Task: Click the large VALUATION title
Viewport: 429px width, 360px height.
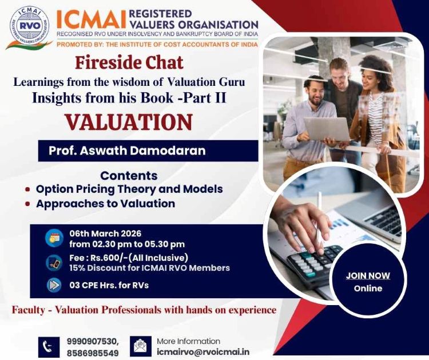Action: coord(128,122)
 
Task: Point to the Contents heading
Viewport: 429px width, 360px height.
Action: coord(129,176)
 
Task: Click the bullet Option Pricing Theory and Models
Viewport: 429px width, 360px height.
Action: coord(129,189)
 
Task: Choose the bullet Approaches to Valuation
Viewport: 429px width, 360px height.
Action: coord(105,203)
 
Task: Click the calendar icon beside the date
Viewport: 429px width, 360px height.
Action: coord(54,237)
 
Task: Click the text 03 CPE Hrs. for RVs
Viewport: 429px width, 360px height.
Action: coord(109,285)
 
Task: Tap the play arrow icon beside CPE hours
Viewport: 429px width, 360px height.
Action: coord(54,285)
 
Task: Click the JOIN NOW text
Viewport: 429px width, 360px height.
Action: coord(368,275)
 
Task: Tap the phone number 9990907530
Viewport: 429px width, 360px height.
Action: coord(92,341)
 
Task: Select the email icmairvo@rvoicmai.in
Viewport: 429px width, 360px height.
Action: coord(203,352)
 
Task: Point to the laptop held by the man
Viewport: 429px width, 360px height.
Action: coord(325,128)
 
